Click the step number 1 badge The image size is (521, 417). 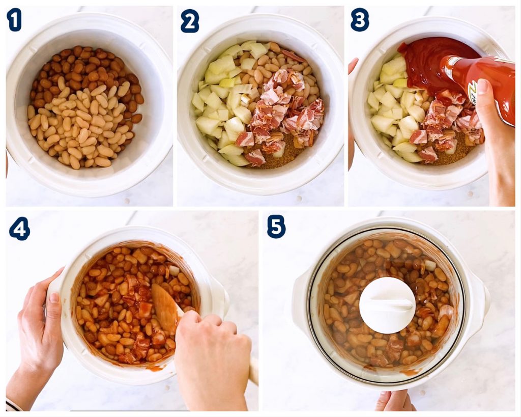(x=14, y=20)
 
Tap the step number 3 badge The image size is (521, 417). (x=359, y=20)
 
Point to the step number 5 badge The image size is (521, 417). (x=276, y=226)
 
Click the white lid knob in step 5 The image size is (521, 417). (x=387, y=305)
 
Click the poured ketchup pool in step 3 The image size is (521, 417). (x=432, y=59)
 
